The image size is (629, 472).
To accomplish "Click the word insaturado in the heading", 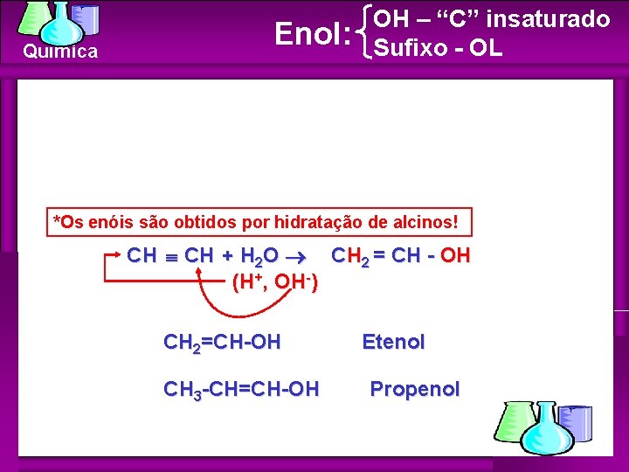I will (541, 18).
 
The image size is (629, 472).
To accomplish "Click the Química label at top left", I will (60, 52).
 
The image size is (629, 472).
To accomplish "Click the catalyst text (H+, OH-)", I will (274, 283).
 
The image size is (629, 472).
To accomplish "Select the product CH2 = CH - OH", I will (399, 256).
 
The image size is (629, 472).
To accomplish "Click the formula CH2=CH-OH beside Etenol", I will (222, 342).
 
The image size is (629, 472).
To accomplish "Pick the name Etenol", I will (393, 342).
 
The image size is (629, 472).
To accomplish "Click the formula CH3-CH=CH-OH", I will (241, 389).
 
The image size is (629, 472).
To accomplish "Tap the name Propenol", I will (414, 389).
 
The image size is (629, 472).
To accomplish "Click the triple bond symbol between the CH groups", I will (171, 257).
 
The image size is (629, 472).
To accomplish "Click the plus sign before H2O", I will (227, 256).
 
